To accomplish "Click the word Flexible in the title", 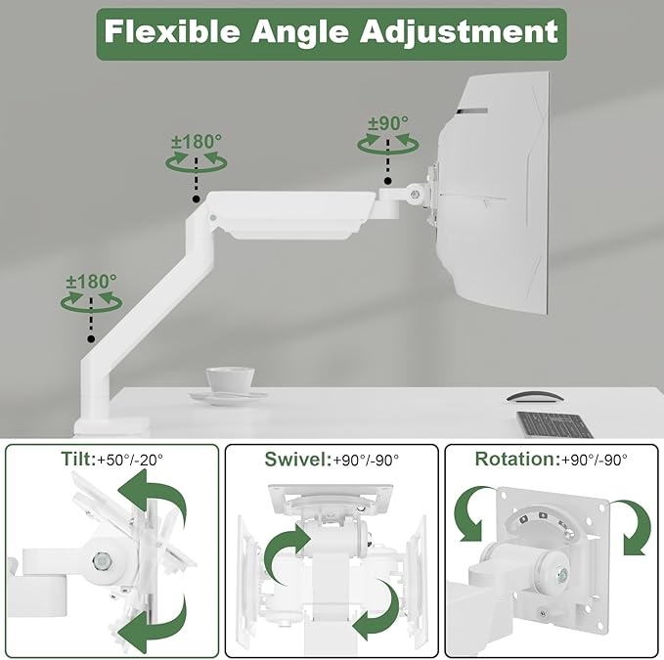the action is click(x=171, y=31).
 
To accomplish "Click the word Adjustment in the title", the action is click(x=459, y=32).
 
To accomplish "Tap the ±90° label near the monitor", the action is click(x=388, y=123).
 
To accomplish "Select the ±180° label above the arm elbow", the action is click(x=197, y=142).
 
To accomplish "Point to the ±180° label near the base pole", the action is click(x=92, y=282).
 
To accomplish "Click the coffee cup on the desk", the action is click(x=231, y=379).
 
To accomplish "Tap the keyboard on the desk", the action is click(x=554, y=424).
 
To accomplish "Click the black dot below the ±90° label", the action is click(x=387, y=181).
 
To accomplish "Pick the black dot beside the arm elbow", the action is click(x=196, y=198).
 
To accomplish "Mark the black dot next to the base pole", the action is click(x=91, y=339).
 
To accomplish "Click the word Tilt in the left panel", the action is click(x=78, y=459).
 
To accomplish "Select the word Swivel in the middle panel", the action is click(x=296, y=460).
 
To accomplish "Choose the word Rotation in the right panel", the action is click(x=514, y=459).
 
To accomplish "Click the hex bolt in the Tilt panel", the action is click(x=101, y=560).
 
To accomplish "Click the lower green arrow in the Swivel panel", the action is click(x=376, y=612).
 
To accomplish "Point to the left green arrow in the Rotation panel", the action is click(x=469, y=514).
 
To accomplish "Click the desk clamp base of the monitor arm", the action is click(x=112, y=425).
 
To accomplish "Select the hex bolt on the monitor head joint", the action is click(x=416, y=195).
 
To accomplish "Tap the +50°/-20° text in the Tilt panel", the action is click(x=130, y=460).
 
